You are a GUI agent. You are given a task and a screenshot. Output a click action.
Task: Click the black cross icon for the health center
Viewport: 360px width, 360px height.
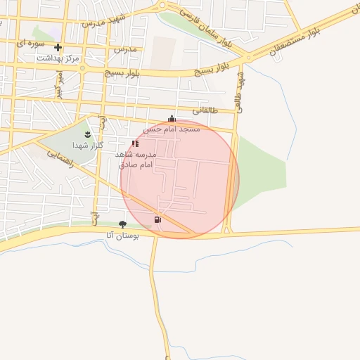(x=58, y=48)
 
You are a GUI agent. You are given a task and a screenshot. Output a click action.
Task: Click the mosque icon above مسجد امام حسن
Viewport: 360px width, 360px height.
(x=172, y=119)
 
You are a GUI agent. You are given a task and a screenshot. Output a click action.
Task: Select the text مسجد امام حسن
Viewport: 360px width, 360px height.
(x=172, y=129)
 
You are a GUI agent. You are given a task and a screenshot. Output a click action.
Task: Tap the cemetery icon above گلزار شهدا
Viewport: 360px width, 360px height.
(x=87, y=134)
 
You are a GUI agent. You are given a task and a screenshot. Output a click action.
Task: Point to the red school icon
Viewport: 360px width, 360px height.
(x=135, y=143)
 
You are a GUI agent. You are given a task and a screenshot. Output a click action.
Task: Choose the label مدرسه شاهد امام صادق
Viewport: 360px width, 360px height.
(x=134, y=158)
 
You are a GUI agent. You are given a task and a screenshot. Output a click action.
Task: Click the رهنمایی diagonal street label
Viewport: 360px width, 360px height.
(x=58, y=159)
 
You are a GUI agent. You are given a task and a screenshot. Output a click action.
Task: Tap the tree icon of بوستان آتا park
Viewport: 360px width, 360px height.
(x=123, y=225)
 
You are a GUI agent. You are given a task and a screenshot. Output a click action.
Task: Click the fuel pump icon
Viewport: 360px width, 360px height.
(x=157, y=219)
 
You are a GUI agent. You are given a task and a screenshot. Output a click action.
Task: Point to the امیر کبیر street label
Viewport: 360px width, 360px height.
(x=60, y=83)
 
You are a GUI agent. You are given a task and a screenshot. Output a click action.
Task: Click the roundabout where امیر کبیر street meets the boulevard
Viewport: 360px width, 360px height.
(x=82, y=69)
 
